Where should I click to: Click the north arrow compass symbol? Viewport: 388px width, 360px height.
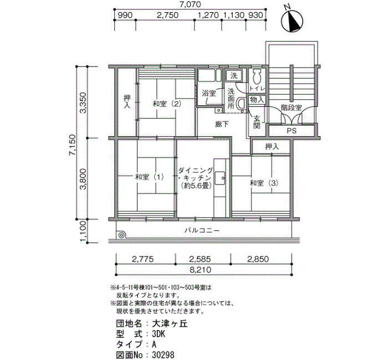pos(293,22)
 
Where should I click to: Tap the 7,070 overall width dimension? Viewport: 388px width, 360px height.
pos(190,4)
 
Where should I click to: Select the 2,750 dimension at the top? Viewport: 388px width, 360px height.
pos(167,15)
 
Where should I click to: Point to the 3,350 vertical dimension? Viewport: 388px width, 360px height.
pos(84,102)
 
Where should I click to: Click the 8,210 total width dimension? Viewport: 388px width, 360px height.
pos(201,270)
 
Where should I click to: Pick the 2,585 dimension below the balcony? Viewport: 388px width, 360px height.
pos(200,259)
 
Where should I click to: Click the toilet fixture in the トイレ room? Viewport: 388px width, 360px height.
pos(257,76)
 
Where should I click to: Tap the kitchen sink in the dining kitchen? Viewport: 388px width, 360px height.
pos(220,178)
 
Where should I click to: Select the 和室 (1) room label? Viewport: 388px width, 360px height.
pos(149,177)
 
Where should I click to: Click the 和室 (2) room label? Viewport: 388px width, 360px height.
pos(167,104)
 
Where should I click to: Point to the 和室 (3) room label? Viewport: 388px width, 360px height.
pos(264,183)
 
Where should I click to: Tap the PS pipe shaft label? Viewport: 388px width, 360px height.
pos(292,131)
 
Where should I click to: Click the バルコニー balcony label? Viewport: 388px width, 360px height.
pos(202,231)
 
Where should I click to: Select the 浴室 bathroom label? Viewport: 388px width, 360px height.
pos(209,93)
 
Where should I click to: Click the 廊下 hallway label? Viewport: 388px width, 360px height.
pos(222,124)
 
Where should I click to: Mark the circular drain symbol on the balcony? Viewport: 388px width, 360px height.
pos(121,235)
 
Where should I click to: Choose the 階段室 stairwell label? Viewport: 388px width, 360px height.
pos(292,108)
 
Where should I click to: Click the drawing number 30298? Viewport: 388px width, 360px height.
pos(163,355)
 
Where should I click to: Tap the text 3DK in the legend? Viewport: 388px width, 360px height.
pos(159,334)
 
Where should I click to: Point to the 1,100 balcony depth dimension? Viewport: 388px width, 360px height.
pos(83,231)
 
